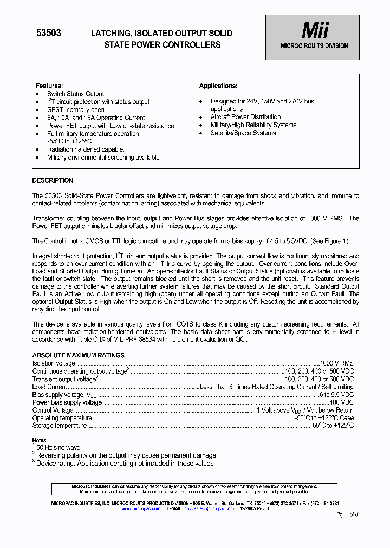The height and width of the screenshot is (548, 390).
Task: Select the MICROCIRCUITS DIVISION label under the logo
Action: pos(314,46)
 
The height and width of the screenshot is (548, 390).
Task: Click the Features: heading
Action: pos(49,86)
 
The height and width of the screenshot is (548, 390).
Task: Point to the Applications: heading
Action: pos(218,86)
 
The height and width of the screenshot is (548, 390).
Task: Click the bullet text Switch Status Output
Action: pos(75,94)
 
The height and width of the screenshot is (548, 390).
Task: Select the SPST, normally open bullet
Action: pos(76,109)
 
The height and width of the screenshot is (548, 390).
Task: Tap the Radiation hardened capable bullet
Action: pos(86,149)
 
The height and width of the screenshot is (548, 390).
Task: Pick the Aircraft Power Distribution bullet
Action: pos(245,117)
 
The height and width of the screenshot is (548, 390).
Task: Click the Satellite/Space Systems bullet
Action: pos(243,133)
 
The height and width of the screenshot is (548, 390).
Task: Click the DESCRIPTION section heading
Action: pos(53,180)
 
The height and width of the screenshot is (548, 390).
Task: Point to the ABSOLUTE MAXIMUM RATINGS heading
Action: pos(79,355)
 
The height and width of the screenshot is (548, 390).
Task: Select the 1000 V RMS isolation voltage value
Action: pos(336,363)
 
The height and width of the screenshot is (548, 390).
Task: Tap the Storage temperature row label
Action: pos(60,426)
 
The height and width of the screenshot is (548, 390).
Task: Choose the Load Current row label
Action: pos(50,387)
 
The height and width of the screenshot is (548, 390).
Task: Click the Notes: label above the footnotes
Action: pos(40,441)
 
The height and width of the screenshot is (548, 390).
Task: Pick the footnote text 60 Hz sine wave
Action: pos(58,448)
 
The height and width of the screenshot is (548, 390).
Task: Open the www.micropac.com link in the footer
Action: pos(141,509)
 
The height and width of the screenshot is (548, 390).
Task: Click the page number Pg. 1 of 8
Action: pos(347,513)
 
